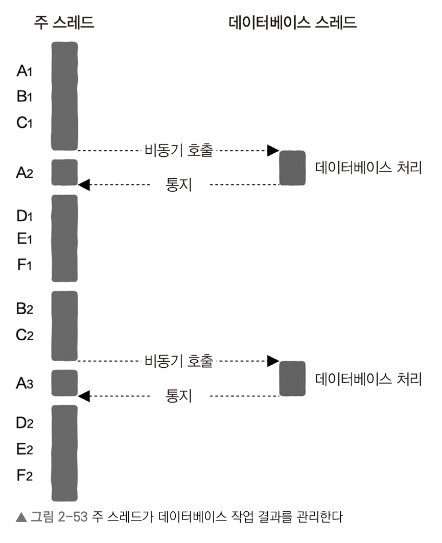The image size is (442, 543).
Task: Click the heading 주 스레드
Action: coord(64,22)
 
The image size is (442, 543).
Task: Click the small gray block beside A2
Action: coord(64,172)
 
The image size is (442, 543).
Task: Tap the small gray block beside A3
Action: coord(64,383)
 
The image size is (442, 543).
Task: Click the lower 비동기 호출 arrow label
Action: coord(178,362)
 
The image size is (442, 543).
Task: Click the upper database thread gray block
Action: coord(292,168)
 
